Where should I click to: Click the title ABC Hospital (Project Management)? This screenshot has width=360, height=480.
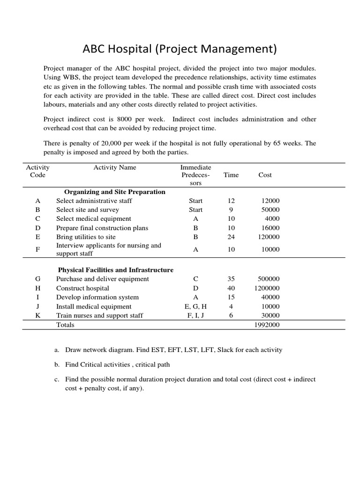click(x=180, y=49)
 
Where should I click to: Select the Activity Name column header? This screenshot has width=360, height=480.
click(x=115, y=167)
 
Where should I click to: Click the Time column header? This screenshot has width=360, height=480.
click(x=231, y=175)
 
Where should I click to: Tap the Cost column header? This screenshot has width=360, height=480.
click(x=265, y=175)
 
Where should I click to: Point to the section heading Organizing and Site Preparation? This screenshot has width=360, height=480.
click(x=114, y=192)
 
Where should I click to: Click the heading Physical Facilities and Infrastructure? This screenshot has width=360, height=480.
click(x=115, y=270)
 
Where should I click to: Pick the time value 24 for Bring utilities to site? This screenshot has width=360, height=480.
click(x=231, y=237)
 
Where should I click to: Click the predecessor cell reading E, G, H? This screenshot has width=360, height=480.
click(x=195, y=307)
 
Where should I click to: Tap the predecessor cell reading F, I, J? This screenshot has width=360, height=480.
click(x=195, y=315)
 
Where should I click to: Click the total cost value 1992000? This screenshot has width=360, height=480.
click(x=266, y=325)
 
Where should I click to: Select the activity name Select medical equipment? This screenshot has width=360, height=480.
click(x=94, y=219)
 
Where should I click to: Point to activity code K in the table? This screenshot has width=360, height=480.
click(x=37, y=315)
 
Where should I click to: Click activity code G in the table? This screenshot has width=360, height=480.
click(x=37, y=279)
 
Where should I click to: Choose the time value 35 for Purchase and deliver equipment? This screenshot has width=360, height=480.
click(x=231, y=279)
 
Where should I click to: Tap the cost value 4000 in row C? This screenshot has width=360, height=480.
click(x=271, y=219)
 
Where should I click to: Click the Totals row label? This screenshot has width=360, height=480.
click(x=65, y=325)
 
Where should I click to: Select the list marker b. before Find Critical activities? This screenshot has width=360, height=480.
click(x=57, y=365)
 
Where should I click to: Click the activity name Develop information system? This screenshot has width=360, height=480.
click(x=97, y=297)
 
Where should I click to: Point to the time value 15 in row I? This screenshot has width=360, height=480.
click(x=231, y=297)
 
